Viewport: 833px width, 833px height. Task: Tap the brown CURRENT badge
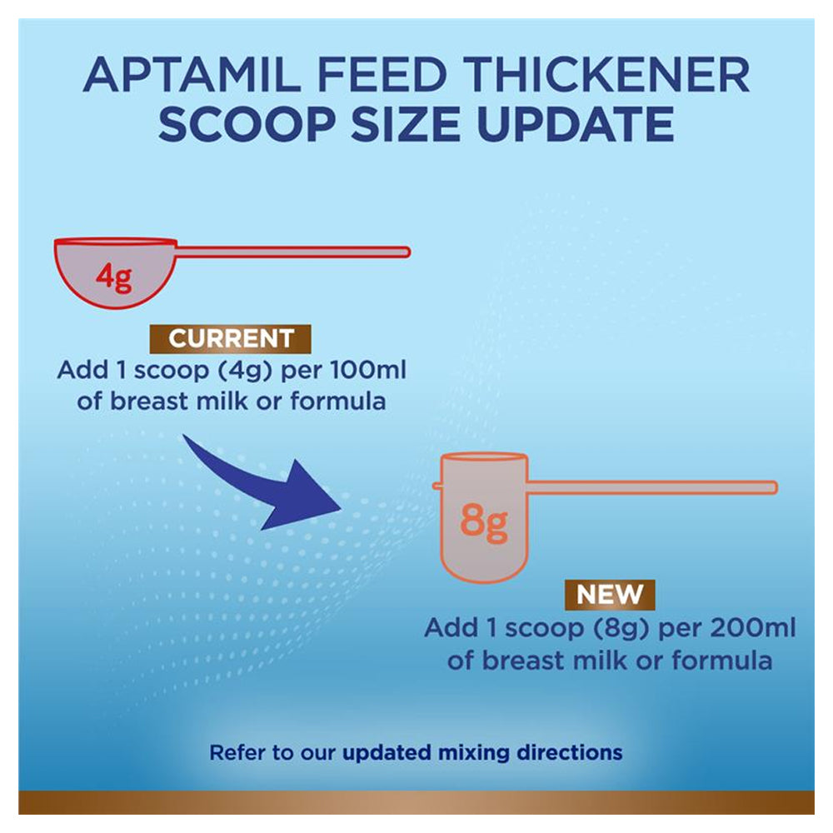click(231, 339)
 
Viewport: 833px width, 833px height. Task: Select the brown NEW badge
click(610, 596)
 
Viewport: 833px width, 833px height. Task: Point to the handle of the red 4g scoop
click(292, 252)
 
